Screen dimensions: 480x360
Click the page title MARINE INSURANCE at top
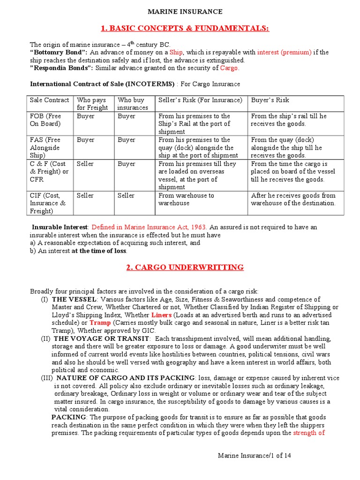tap(185, 12)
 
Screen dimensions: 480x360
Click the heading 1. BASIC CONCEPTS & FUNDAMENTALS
tap(185, 29)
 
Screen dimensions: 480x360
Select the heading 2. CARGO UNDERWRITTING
tap(185, 268)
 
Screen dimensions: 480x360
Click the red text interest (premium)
tap(284, 52)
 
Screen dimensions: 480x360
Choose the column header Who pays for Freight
tap(92, 104)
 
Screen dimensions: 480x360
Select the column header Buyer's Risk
tap(270, 100)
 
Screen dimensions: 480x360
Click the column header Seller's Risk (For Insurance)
tap(200, 100)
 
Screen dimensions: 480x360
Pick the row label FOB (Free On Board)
tap(45, 120)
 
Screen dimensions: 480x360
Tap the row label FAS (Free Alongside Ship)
tap(45, 147)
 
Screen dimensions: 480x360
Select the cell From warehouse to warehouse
tap(186, 199)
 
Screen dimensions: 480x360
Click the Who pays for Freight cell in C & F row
tap(85, 164)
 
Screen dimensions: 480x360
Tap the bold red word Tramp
tap(100, 323)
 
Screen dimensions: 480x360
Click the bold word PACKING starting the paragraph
tap(68, 417)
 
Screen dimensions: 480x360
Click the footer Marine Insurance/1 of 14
tap(258, 455)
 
